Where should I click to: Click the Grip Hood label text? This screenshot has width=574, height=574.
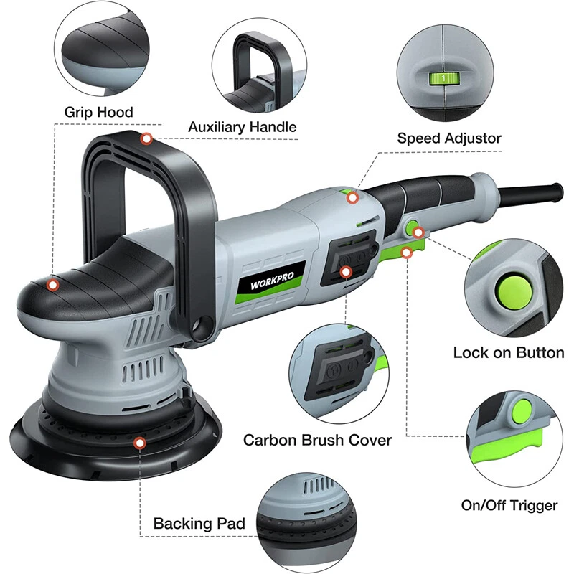(99, 112)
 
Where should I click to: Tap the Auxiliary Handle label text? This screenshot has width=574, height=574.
(243, 127)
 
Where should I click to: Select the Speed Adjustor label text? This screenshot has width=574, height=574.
(449, 138)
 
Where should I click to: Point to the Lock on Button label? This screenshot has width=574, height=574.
(509, 353)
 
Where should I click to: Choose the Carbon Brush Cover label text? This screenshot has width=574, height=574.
(318, 439)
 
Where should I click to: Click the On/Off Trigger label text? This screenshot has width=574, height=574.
(509, 506)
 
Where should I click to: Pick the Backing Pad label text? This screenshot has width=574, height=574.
(199, 524)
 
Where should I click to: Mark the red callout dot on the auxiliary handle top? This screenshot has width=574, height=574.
(146, 138)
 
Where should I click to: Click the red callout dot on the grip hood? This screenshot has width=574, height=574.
(52, 285)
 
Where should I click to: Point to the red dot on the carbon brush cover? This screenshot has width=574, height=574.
(347, 272)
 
